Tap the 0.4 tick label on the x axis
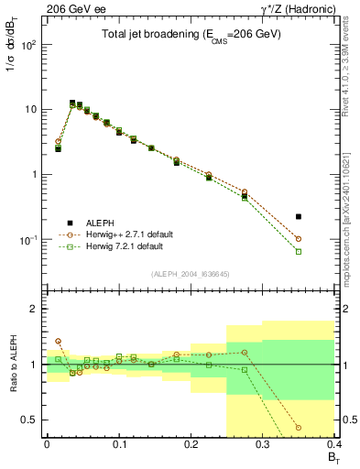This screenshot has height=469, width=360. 334,442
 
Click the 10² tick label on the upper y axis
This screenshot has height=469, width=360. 29,44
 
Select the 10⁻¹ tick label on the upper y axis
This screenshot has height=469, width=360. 29,240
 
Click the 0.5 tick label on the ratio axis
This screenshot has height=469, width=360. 31,420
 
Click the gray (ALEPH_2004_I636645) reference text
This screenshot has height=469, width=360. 190,273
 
